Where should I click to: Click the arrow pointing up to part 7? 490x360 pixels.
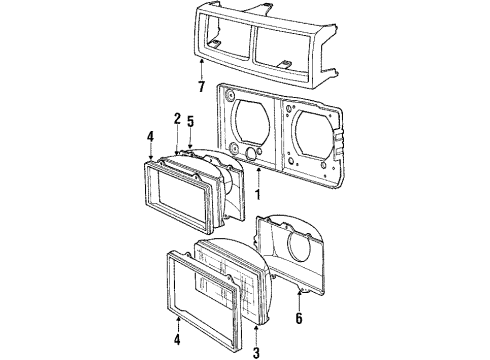pos(203,62)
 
